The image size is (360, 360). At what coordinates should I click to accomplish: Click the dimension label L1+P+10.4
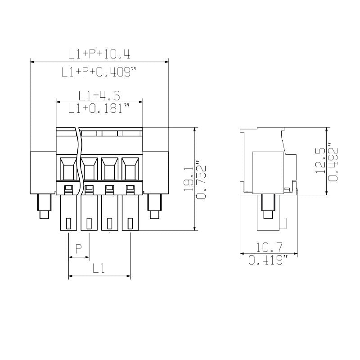[99, 54]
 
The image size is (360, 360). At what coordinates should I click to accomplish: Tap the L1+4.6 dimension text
[99, 95]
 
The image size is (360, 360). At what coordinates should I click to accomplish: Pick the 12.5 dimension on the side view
[321, 161]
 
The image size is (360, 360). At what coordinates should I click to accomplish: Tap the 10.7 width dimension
[269, 247]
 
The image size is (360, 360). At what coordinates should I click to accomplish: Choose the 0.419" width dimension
[269, 260]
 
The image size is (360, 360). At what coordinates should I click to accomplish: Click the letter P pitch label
[79, 249]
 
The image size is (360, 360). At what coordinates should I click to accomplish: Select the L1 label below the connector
[99, 269]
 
